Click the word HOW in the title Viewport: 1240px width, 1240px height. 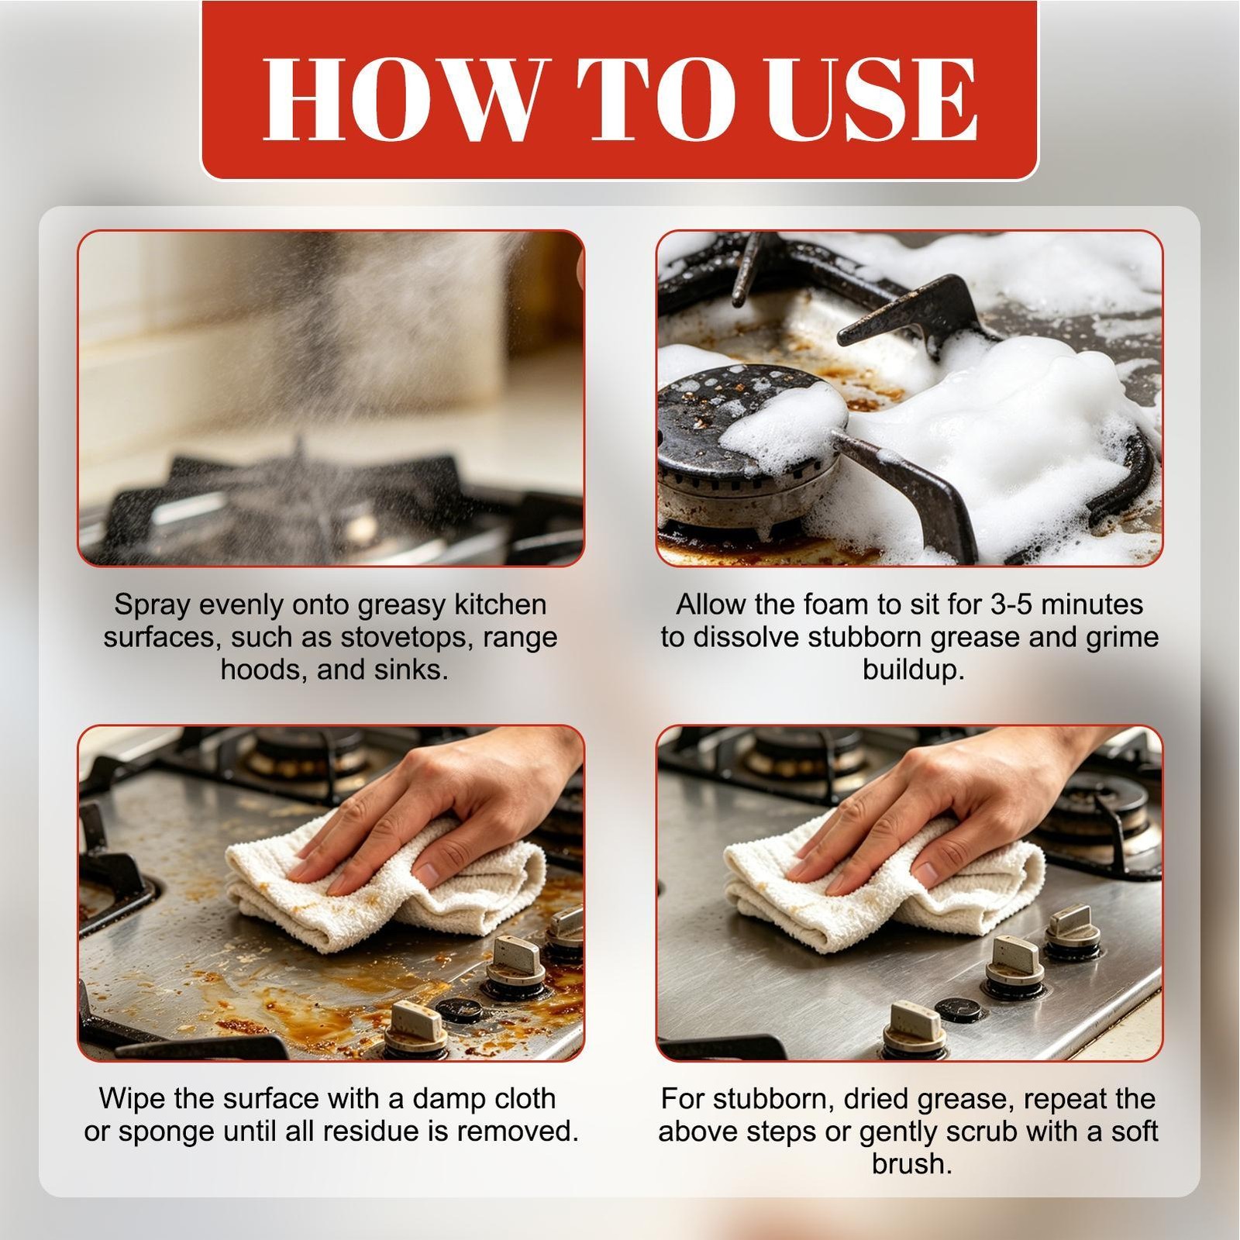tap(395, 98)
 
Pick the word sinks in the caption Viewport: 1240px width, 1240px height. tap(411, 669)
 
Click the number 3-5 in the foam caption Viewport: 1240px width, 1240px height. tap(986, 604)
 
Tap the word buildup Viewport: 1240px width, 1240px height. tap(913, 669)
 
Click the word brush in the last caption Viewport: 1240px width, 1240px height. tap(911, 1163)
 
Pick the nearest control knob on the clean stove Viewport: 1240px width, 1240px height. tap(914, 1028)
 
